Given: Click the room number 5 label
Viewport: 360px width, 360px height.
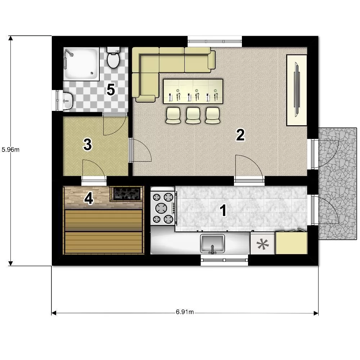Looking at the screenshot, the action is pos(111,90).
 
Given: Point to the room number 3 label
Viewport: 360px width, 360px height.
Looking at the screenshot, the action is pos(87,145).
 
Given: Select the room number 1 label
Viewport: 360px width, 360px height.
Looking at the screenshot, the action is pos(223,210).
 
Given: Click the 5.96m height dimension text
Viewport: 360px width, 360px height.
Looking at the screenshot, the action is pos(10,150).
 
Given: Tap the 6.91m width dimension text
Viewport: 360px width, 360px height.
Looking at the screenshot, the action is pos(185,312).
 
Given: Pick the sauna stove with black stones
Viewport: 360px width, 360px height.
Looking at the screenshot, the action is pos(126,194).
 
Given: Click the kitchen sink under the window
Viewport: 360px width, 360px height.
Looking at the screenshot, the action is pos(212,243).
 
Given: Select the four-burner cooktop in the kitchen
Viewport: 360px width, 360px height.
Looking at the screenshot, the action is pos(163,208).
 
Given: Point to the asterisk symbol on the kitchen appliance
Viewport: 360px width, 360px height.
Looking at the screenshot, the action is pos(262,244).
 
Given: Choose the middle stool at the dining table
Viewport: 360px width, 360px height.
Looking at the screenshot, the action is pos(193,116).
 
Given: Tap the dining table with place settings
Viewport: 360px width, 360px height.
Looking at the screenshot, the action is pos(193,91).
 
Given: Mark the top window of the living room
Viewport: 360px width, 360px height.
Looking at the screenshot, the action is pos(215,41).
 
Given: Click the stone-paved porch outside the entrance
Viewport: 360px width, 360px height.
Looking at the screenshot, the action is pos(337,184).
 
